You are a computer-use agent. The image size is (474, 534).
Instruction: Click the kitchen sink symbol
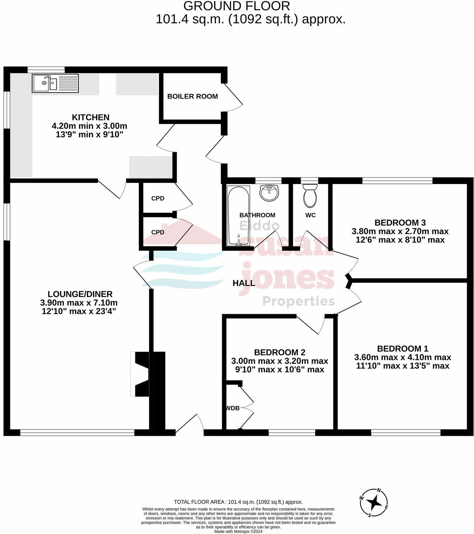click(x=55, y=83)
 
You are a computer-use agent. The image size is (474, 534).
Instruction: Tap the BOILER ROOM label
click(x=192, y=96)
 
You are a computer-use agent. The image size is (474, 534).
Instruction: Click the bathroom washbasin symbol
click(x=269, y=193)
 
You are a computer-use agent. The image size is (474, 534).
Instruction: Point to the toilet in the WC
click(x=310, y=196)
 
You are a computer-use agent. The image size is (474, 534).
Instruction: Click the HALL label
click(x=244, y=283)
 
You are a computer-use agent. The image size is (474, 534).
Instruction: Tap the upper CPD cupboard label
click(x=158, y=198)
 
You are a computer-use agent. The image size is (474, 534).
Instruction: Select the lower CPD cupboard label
click(x=158, y=232)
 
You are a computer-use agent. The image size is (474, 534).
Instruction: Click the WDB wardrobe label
click(x=233, y=408)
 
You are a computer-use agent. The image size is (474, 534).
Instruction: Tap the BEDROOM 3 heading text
click(x=400, y=222)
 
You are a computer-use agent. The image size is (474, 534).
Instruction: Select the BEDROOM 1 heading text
click(x=403, y=348)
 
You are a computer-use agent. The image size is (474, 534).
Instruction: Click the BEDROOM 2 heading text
click(x=279, y=352)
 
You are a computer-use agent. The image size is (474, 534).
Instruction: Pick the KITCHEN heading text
click(x=90, y=117)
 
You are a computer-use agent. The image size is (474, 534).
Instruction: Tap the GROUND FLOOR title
click(x=237, y=6)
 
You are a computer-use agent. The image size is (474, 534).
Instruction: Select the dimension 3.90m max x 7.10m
click(x=79, y=303)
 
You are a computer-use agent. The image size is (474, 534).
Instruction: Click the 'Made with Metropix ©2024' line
click(x=238, y=531)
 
